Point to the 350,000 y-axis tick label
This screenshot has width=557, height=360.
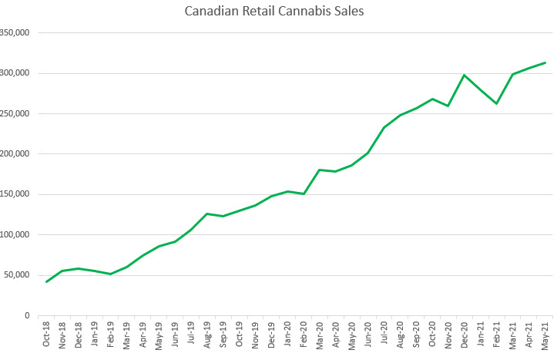[15, 33]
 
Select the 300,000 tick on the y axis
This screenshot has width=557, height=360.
[15, 73]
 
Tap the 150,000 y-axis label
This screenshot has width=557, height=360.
[15, 194]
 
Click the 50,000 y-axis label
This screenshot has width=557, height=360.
[17, 275]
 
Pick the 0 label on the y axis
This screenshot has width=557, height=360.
[27, 315]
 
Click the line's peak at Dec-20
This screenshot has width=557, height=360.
[464, 75]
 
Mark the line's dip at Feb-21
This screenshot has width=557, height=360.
[496, 103]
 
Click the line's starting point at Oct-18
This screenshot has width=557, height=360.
[46, 281]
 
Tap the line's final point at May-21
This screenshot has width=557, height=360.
[545, 62]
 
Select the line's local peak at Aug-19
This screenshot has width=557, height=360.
[206, 214]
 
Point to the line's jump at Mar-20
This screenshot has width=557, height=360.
[319, 170]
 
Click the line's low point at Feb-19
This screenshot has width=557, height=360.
[110, 274]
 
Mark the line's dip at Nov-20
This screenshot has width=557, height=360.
[448, 106]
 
